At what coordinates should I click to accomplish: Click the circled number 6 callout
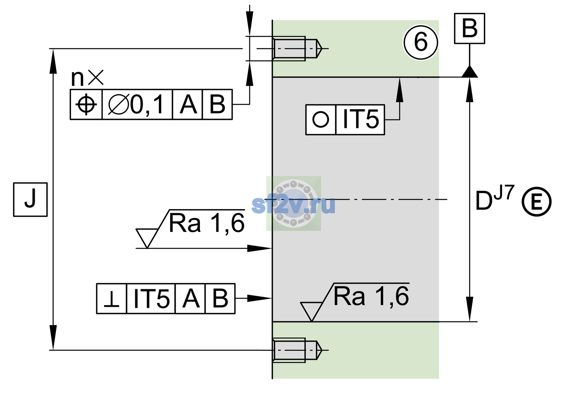click(421, 42)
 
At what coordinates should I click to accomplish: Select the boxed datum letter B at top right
click(469, 28)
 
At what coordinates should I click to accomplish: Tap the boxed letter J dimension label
click(31, 199)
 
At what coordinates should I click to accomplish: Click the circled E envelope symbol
click(537, 202)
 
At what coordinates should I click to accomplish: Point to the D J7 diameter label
click(495, 198)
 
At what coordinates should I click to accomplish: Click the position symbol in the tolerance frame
click(86, 104)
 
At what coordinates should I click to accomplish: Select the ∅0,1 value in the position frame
click(136, 104)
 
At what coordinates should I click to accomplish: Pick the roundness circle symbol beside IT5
click(320, 119)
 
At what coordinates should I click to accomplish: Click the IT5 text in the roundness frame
click(361, 119)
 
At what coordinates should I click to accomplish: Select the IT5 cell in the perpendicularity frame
click(151, 298)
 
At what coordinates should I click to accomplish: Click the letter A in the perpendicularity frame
click(191, 298)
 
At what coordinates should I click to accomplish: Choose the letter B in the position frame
click(217, 104)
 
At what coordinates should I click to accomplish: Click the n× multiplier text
click(87, 78)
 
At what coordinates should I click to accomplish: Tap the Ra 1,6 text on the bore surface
click(371, 296)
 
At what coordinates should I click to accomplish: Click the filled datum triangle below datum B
click(469, 71)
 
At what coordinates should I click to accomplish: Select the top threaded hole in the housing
click(297, 49)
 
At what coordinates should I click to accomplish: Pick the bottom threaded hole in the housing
click(297, 350)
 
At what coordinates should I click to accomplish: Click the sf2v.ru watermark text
click(293, 205)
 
